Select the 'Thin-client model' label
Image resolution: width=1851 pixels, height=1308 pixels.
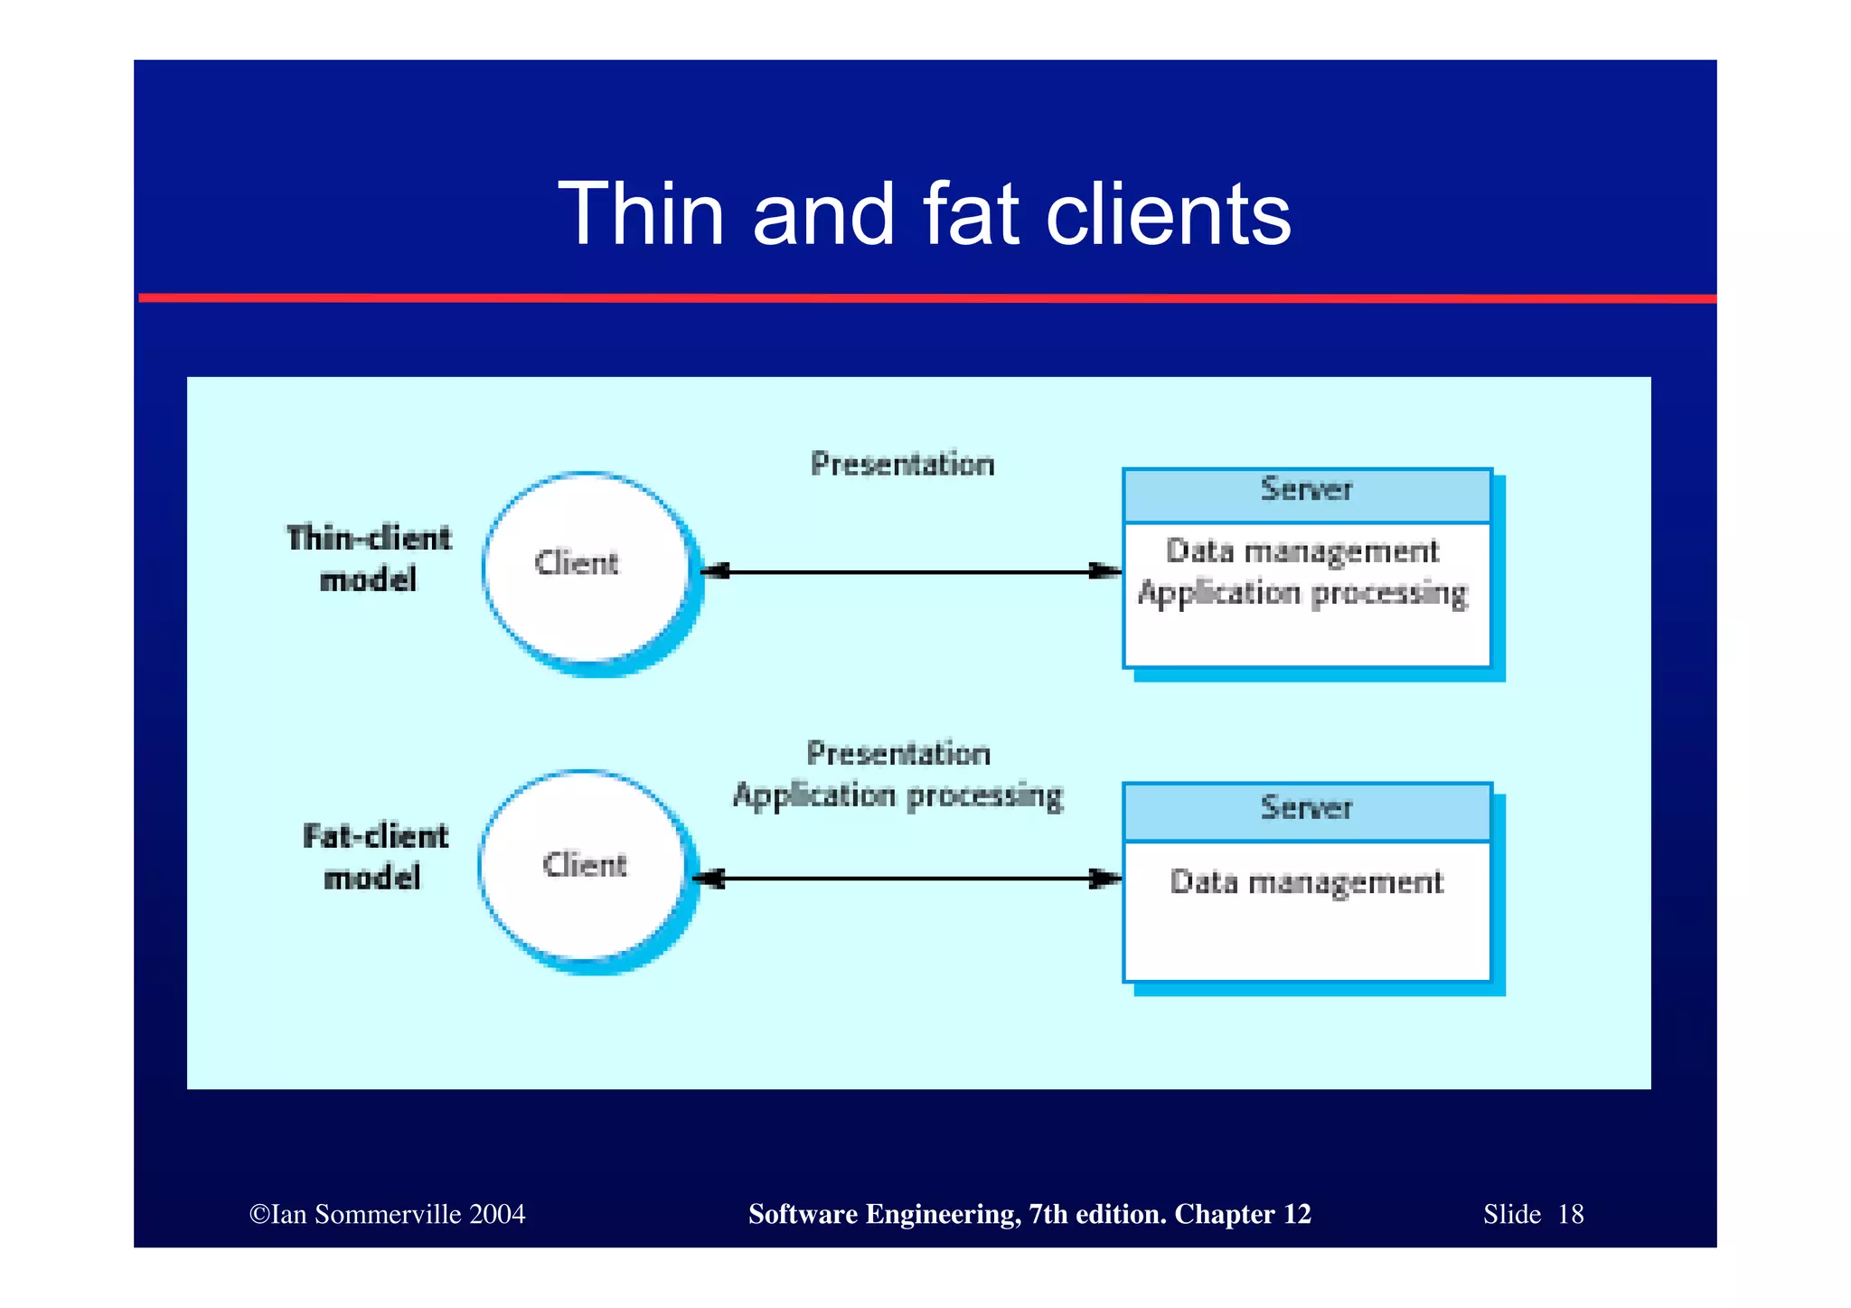click(x=369, y=558)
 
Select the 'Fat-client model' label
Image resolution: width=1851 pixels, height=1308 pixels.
click(x=374, y=856)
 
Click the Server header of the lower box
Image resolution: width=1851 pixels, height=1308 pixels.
click(x=1306, y=809)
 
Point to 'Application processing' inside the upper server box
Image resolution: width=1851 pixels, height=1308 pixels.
click(x=1302, y=594)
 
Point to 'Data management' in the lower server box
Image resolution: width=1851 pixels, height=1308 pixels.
click(x=1306, y=882)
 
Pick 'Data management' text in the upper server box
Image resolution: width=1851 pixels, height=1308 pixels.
click(x=1302, y=551)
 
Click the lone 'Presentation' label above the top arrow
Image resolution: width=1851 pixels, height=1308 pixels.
click(x=902, y=465)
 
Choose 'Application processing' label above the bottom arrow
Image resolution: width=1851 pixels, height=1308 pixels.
click(x=897, y=796)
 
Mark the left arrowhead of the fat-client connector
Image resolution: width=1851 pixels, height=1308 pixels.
click(x=711, y=879)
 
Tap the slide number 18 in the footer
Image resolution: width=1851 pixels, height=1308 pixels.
click(x=1570, y=1214)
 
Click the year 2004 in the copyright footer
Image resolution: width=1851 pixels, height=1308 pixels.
click(x=497, y=1214)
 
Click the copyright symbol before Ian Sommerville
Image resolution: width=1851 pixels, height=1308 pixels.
click(x=259, y=1214)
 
